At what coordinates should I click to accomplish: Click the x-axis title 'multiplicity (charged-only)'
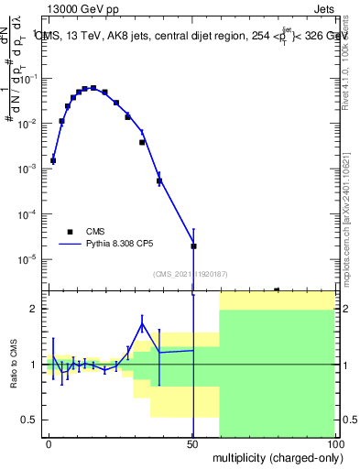pos(275,455)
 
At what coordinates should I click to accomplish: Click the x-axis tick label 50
pos(192,444)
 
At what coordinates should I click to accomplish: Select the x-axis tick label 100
pos(334,444)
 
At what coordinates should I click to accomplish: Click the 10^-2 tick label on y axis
pos(29,124)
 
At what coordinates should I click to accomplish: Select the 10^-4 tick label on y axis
pos(29,213)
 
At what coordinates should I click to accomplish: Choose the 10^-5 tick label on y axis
pos(29,258)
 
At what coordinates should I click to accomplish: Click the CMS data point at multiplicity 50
pos(193,245)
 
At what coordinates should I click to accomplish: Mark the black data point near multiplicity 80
pos(277,289)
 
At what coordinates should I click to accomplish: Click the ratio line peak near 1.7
pos(142,323)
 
